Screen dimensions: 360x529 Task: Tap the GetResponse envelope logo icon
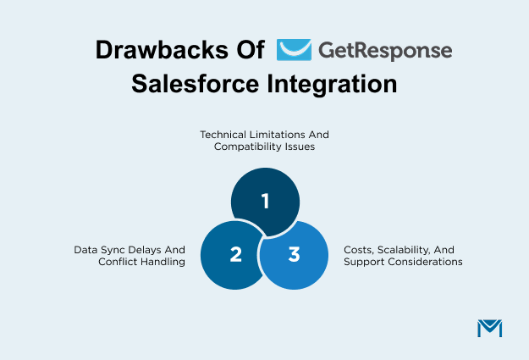(x=294, y=49)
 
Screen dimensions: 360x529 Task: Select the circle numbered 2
(x=234, y=253)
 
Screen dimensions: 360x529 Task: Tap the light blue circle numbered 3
(x=294, y=254)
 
